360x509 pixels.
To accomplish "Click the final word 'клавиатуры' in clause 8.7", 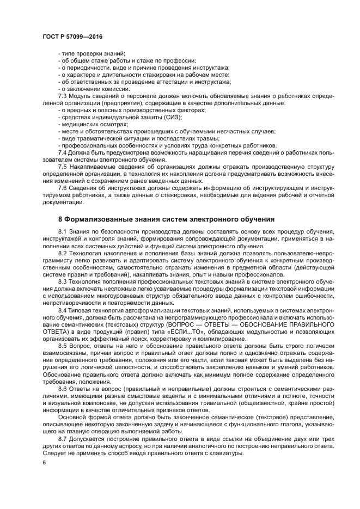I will [218, 452].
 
